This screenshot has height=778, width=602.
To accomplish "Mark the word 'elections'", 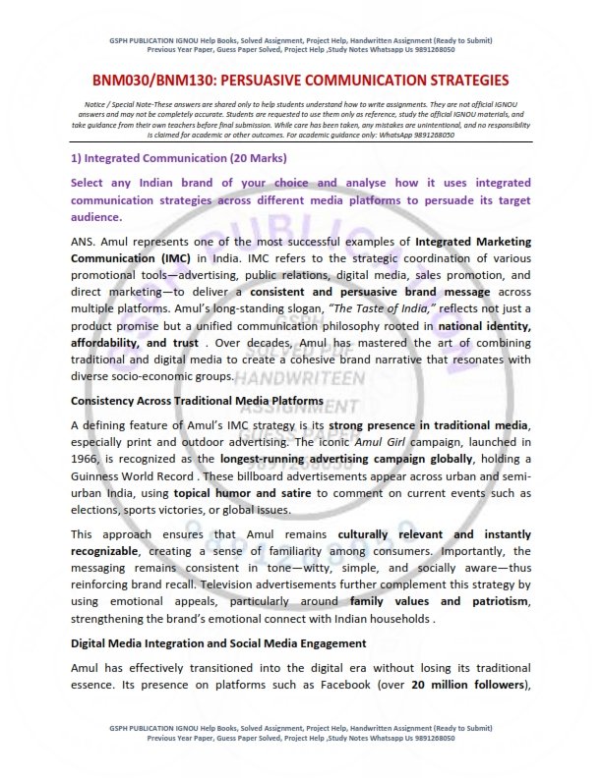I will click(101, 512).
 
